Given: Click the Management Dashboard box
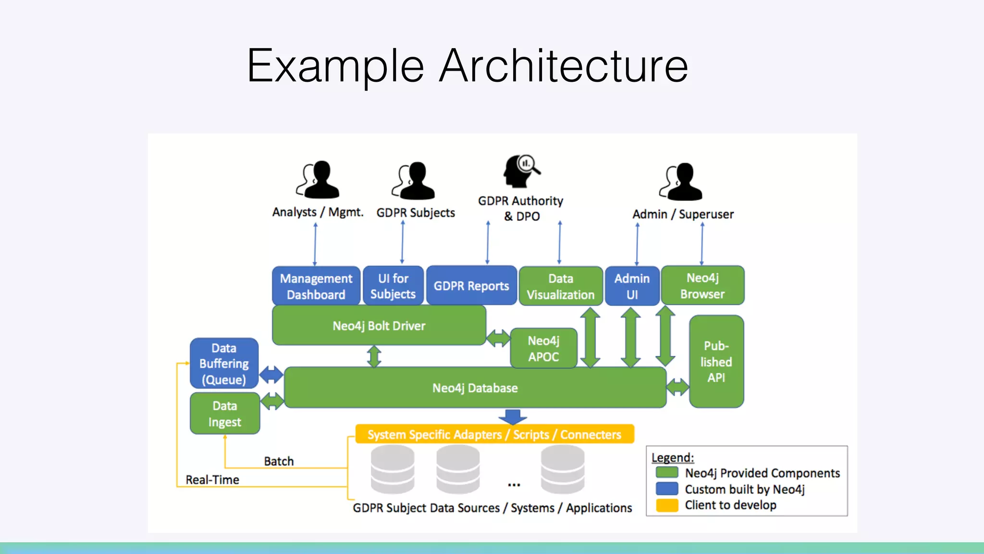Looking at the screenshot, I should [316, 286].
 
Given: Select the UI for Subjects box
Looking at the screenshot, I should [393, 286].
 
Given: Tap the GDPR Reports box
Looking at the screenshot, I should [471, 286].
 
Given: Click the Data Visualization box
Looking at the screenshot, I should [560, 286].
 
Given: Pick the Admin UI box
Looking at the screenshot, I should [632, 286].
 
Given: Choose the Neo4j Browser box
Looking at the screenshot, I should [702, 285].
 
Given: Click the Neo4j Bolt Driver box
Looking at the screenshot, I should [379, 326].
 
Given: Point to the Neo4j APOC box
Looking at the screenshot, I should [543, 349].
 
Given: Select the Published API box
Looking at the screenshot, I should [716, 362].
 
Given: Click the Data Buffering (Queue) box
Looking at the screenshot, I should [224, 364].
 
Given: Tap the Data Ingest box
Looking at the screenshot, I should [225, 414].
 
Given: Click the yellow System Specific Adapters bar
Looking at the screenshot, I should [494, 434].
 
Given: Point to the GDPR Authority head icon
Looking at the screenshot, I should [520, 171].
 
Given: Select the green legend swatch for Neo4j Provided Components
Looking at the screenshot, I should [667, 473].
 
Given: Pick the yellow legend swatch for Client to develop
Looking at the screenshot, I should [667, 505].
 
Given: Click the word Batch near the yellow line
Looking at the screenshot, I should [279, 461].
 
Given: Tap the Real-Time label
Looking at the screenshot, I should [212, 479].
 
